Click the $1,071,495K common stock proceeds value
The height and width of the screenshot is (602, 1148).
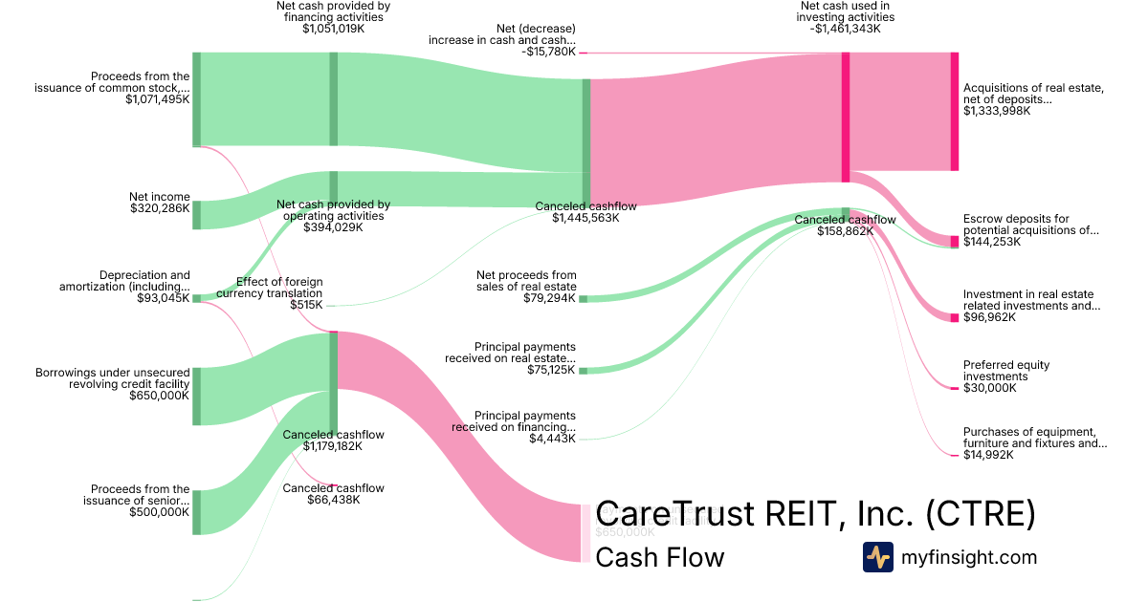pyautogui.click(x=157, y=99)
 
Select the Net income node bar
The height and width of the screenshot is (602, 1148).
pyautogui.click(x=196, y=215)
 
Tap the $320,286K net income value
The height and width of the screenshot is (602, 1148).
pyautogui.click(x=160, y=208)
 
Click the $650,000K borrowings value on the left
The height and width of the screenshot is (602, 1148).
pyautogui.click(x=159, y=395)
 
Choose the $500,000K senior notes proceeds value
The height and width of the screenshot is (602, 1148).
pyautogui.click(x=159, y=511)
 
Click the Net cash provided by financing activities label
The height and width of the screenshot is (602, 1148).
pyautogui.click(x=333, y=11)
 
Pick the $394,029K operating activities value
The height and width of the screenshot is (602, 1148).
pyautogui.click(x=333, y=227)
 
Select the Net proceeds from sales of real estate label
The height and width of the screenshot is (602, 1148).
pyautogui.click(x=526, y=281)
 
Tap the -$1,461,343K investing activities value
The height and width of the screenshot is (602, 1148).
pyautogui.click(x=845, y=29)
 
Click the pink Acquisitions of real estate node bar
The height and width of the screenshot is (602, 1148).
pyautogui.click(x=954, y=112)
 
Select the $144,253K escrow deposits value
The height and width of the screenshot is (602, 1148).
pyautogui.click(x=992, y=242)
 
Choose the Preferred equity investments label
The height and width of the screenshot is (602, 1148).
pyautogui.click(x=1005, y=371)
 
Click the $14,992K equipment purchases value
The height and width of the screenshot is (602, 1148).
pyautogui.click(x=989, y=455)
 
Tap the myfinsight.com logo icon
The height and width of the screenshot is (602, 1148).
pyautogui.click(x=877, y=557)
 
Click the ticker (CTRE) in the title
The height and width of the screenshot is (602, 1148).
pyautogui.click(x=980, y=514)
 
